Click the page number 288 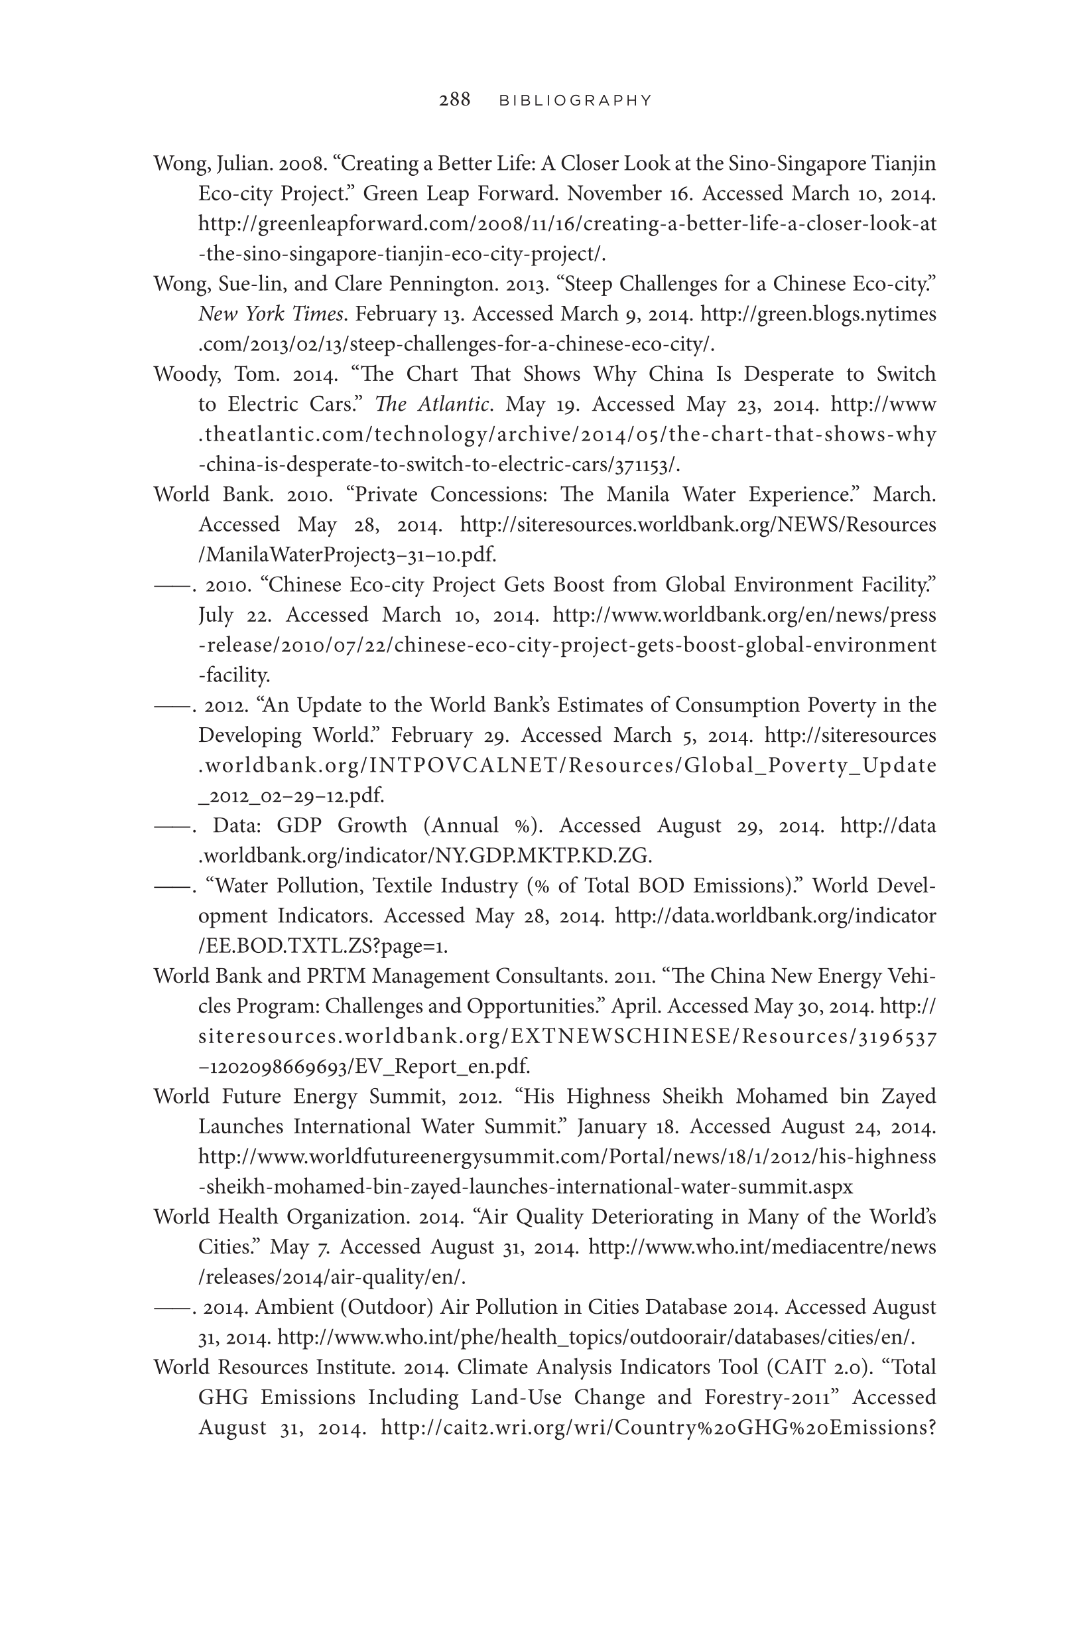(454, 100)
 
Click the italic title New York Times (270, 315)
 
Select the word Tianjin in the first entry (904, 164)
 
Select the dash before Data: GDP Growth (172, 826)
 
